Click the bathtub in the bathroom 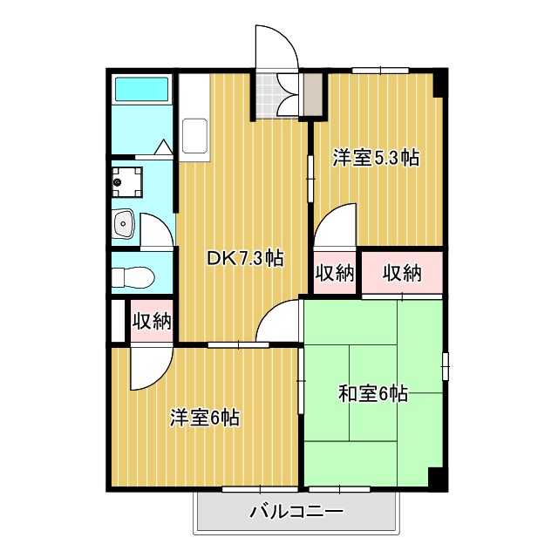coord(141,90)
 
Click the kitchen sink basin coord(194,138)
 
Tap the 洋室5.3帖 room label coord(376,158)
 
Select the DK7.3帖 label coord(244,258)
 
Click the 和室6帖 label coord(373,394)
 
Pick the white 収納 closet coord(335,274)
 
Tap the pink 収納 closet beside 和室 coord(402,274)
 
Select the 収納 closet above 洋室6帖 coord(151,320)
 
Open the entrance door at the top coord(276,48)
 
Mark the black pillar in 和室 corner coord(436,479)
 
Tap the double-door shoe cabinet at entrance coord(287,95)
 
